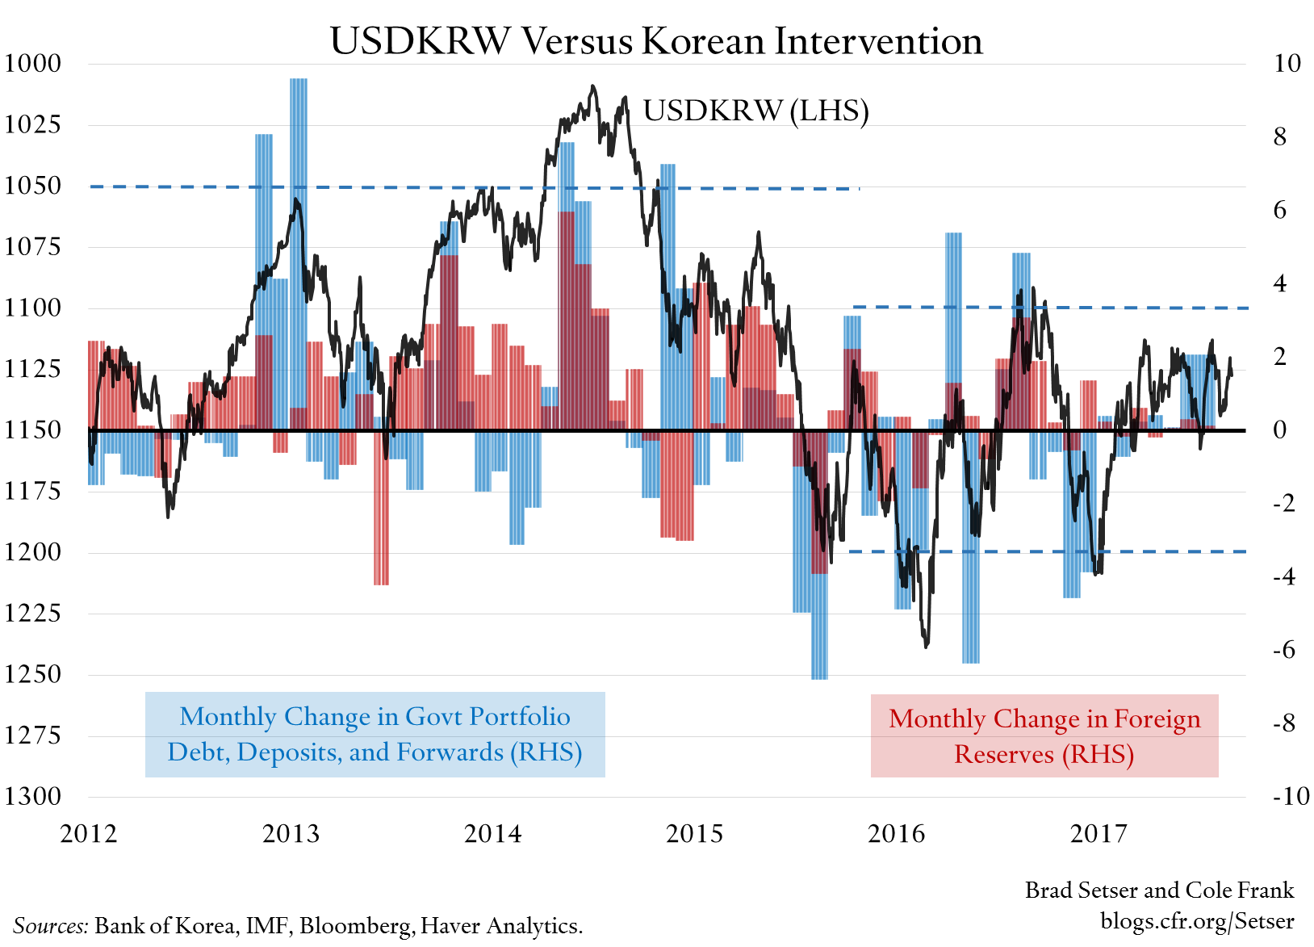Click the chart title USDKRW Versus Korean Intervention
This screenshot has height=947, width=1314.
(x=656, y=41)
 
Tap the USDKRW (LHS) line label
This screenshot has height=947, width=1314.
(x=755, y=111)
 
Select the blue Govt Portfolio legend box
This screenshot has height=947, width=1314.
(x=375, y=734)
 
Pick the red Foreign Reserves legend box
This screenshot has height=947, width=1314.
(x=1044, y=735)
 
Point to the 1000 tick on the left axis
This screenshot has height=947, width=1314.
(x=32, y=63)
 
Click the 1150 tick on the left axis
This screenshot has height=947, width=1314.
(x=32, y=430)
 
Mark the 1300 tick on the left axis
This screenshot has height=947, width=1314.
(x=32, y=796)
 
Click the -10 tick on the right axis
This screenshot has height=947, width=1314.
(x=1291, y=796)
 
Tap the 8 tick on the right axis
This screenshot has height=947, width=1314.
(x=1279, y=136)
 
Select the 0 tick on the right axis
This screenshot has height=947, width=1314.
(x=1279, y=430)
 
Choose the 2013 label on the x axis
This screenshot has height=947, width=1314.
(x=291, y=833)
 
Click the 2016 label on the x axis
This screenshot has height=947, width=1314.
(x=896, y=833)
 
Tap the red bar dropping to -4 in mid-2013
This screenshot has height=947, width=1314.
(x=381, y=517)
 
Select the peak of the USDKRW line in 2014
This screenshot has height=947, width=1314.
(x=593, y=86)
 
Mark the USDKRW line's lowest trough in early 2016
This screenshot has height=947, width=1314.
(x=926, y=645)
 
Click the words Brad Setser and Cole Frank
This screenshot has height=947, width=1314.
(x=1159, y=890)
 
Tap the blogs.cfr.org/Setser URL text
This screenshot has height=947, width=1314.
(x=1197, y=920)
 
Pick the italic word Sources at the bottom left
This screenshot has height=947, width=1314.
(x=50, y=925)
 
